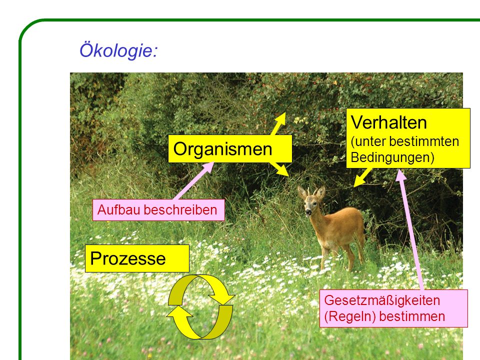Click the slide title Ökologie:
pyautogui.click(x=118, y=50)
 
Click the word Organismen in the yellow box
pyautogui.click(x=222, y=149)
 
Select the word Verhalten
pyautogui.click(x=388, y=122)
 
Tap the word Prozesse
pyautogui.click(x=127, y=258)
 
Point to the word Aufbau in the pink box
pyautogui.click(x=119, y=210)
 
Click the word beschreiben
pyautogui.click(x=180, y=210)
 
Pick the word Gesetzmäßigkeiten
pyautogui.click(x=382, y=300)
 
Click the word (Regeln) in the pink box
pyautogui.click(x=350, y=316)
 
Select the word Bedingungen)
pyautogui.click(x=392, y=157)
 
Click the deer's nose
pyautogui.click(x=308, y=212)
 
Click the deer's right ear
pyautogui.click(x=302, y=192)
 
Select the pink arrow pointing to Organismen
pyautogui.click(x=194, y=180)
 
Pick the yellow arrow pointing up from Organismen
pyautogui.click(x=278, y=123)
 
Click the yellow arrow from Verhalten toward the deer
pyautogui.click(x=363, y=177)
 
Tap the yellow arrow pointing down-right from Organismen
pyautogui.click(x=279, y=168)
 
